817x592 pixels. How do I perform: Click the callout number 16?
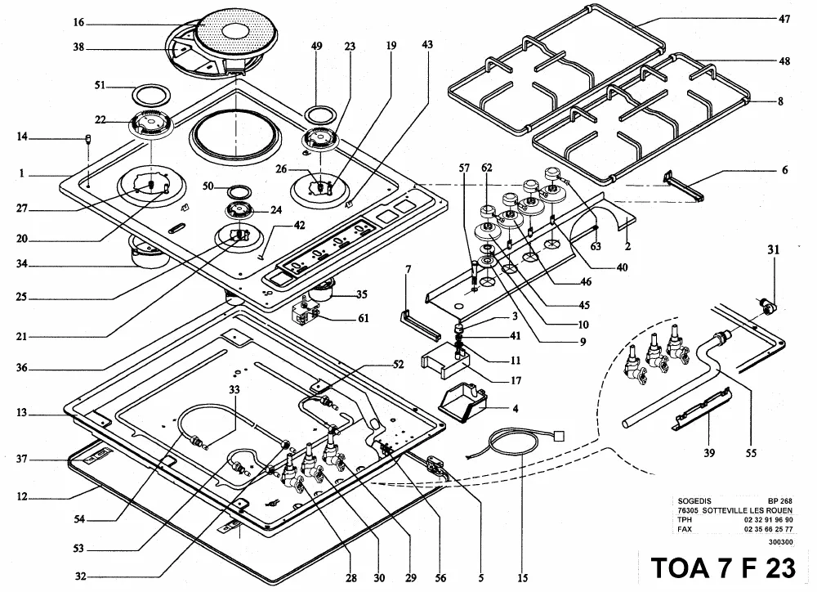(x=78, y=22)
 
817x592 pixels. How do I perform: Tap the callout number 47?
(x=784, y=20)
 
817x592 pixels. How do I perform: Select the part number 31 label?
(x=773, y=250)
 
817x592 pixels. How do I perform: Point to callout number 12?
(x=21, y=496)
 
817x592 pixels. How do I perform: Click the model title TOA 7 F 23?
(x=724, y=568)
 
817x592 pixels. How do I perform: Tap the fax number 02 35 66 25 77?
(x=769, y=529)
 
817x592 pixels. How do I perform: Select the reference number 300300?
(x=780, y=542)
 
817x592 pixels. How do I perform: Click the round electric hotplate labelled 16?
(x=237, y=34)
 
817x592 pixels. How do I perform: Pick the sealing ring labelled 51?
(x=152, y=94)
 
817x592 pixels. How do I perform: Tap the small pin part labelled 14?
(x=88, y=139)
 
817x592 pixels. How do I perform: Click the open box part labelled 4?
(x=462, y=404)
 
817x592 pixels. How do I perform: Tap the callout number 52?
(x=398, y=365)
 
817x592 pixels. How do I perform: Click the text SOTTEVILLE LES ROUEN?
(x=748, y=510)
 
